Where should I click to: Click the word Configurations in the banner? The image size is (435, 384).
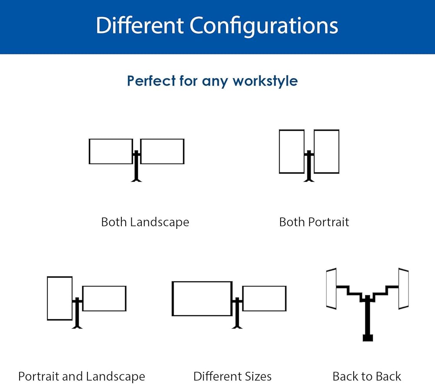point(264,26)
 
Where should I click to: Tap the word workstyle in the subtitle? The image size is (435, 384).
point(265,81)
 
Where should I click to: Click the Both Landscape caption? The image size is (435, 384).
point(145,222)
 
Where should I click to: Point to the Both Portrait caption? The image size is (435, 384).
point(314,222)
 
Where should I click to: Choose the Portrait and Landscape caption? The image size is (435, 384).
point(81,376)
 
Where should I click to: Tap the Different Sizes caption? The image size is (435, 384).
point(232,376)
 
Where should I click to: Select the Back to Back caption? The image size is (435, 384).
point(367,376)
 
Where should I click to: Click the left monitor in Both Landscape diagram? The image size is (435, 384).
point(110,151)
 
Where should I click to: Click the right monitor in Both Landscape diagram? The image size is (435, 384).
point(162,151)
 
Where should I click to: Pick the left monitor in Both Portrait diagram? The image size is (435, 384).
point(291,151)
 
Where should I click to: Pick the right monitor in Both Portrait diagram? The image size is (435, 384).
point(326,151)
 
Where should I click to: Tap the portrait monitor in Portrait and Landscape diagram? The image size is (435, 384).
point(60,298)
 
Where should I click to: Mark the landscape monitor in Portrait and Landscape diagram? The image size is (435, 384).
point(104,298)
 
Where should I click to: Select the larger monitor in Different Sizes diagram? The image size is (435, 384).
point(202,298)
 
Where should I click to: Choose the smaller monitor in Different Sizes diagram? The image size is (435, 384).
point(264,298)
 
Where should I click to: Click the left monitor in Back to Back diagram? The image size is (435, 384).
point(331,289)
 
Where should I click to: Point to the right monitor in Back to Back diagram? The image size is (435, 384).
point(403,289)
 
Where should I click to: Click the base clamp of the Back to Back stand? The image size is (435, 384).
point(368,338)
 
